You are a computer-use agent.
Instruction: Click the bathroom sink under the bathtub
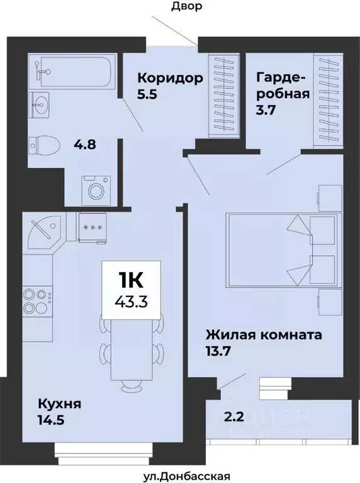[x=42, y=103]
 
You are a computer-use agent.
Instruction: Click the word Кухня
[x=59, y=402]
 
